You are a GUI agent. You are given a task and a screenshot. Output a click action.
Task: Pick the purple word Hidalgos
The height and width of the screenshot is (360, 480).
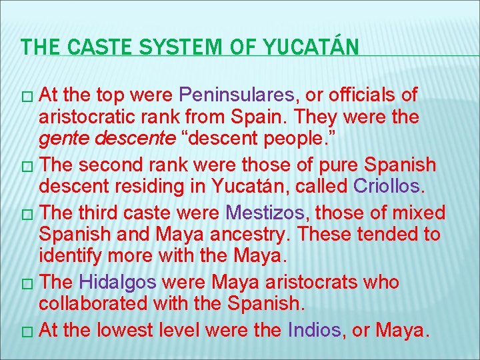click(x=117, y=282)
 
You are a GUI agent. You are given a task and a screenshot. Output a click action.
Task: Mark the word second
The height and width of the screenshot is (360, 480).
click(x=113, y=164)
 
